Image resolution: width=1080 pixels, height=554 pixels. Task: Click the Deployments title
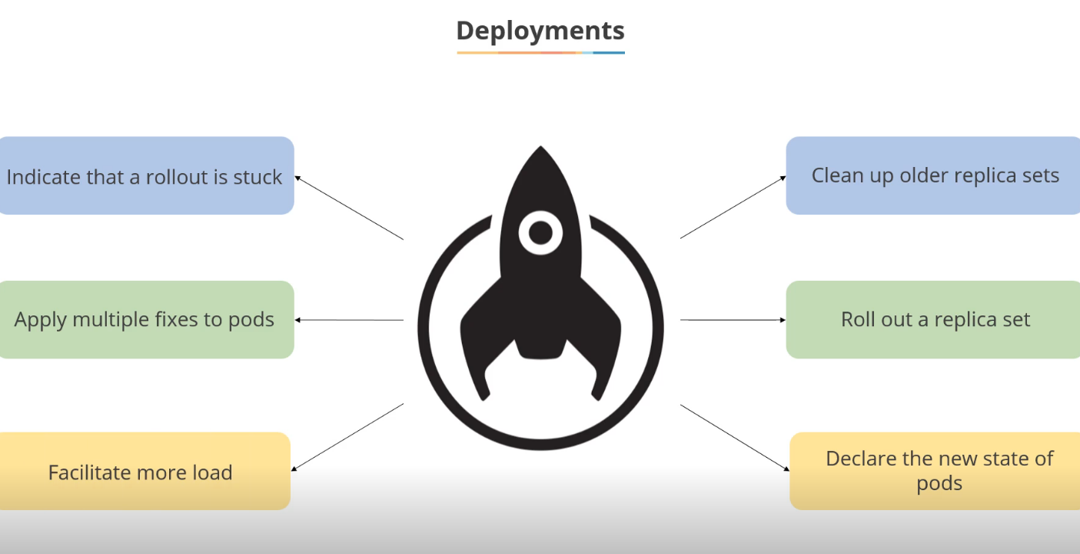(x=540, y=31)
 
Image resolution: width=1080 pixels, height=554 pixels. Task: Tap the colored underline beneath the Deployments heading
(x=540, y=52)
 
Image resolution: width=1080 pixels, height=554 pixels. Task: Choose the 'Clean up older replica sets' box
(x=933, y=175)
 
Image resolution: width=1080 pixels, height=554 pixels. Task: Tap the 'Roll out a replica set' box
(x=933, y=319)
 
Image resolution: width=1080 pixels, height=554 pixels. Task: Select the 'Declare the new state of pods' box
(x=936, y=471)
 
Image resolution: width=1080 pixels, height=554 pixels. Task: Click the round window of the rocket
(x=540, y=232)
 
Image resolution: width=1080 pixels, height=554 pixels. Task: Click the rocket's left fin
(x=480, y=339)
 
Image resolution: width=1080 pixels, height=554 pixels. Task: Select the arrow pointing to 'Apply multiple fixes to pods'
(x=349, y=319)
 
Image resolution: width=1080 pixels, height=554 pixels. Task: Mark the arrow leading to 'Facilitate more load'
(x=347, y=436)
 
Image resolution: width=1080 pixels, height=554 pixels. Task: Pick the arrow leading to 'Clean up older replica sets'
(x=733, y=207)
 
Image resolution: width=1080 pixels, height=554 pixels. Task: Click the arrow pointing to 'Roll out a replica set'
(x=733, y=319)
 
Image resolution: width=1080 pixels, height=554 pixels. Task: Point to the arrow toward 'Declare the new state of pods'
(x=735, y=437)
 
